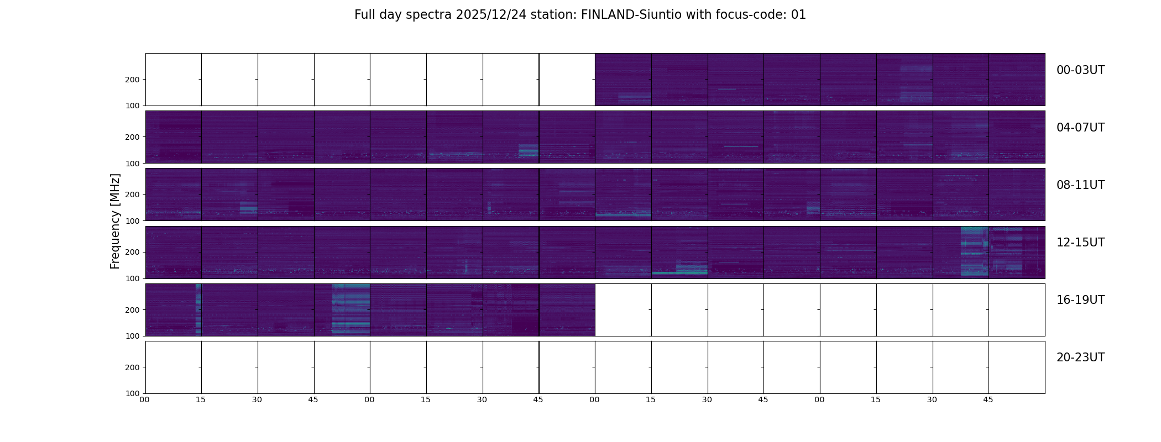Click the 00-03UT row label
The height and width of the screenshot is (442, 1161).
(1080, 70)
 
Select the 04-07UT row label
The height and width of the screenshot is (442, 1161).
(1080, 128)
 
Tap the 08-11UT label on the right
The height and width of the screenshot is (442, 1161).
(1080, 185)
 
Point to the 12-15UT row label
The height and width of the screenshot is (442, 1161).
(1080, 243)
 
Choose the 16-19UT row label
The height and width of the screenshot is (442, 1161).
(1080, 300)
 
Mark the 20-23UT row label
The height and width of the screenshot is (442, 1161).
(1080, 357)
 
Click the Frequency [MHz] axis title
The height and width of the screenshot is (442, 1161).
(115, 221)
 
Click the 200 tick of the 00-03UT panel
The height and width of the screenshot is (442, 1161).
(133, 80)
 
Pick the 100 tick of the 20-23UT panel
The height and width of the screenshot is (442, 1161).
(133, 393)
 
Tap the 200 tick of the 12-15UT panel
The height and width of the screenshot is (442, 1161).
(133, 252)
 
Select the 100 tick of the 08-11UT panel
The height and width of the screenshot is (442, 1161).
(133, 221)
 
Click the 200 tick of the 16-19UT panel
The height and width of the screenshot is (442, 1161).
(133, 310)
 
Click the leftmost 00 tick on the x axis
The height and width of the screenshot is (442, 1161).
(145, 399)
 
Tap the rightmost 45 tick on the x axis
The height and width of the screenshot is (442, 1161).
(988, 399)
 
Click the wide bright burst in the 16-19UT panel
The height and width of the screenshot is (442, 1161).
(351, 309)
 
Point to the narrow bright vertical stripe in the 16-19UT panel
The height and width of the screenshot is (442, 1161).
(198, 309)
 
